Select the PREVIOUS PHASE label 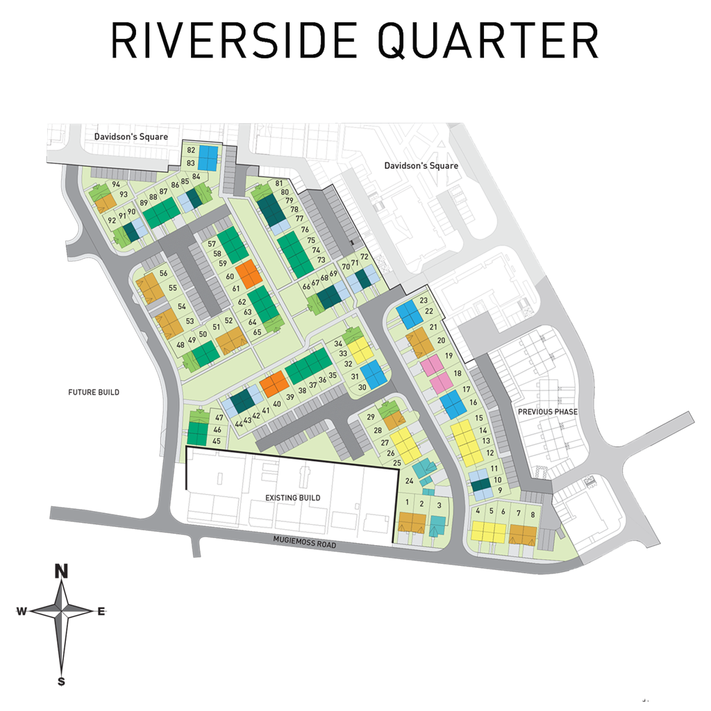tap(548, 412)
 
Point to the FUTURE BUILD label tap(93, 392)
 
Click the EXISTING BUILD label tap(292, 499)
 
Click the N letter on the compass tap(62, 571)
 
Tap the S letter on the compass tap(62, 681)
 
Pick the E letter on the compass tap(101, 612)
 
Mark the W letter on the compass tap(22, 611)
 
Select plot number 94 tap(116, 185)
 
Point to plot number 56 tap(164, 274)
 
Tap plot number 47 tap(219, 418)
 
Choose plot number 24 tap(409, 481)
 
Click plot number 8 tap(533, 515)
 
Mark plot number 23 tap(424, 301)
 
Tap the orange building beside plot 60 tap(248, 273)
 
